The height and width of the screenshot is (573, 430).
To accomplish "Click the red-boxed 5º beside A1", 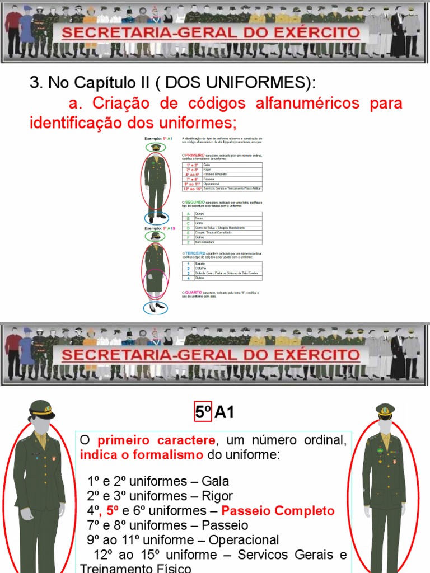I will click(203, 413).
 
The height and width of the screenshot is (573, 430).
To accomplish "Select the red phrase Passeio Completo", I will click(278, 511).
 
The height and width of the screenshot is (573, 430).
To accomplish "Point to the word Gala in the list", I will click(216, 481).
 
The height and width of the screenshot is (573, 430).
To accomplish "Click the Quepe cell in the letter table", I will click(200, 214).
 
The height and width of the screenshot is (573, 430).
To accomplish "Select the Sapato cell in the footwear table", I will click(200, 264).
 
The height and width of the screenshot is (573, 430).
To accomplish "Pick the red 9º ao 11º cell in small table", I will click(192, 184).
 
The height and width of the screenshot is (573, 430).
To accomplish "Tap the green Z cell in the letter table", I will click(189, 242).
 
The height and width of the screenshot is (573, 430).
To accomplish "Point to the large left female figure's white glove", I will click(26, 513).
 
